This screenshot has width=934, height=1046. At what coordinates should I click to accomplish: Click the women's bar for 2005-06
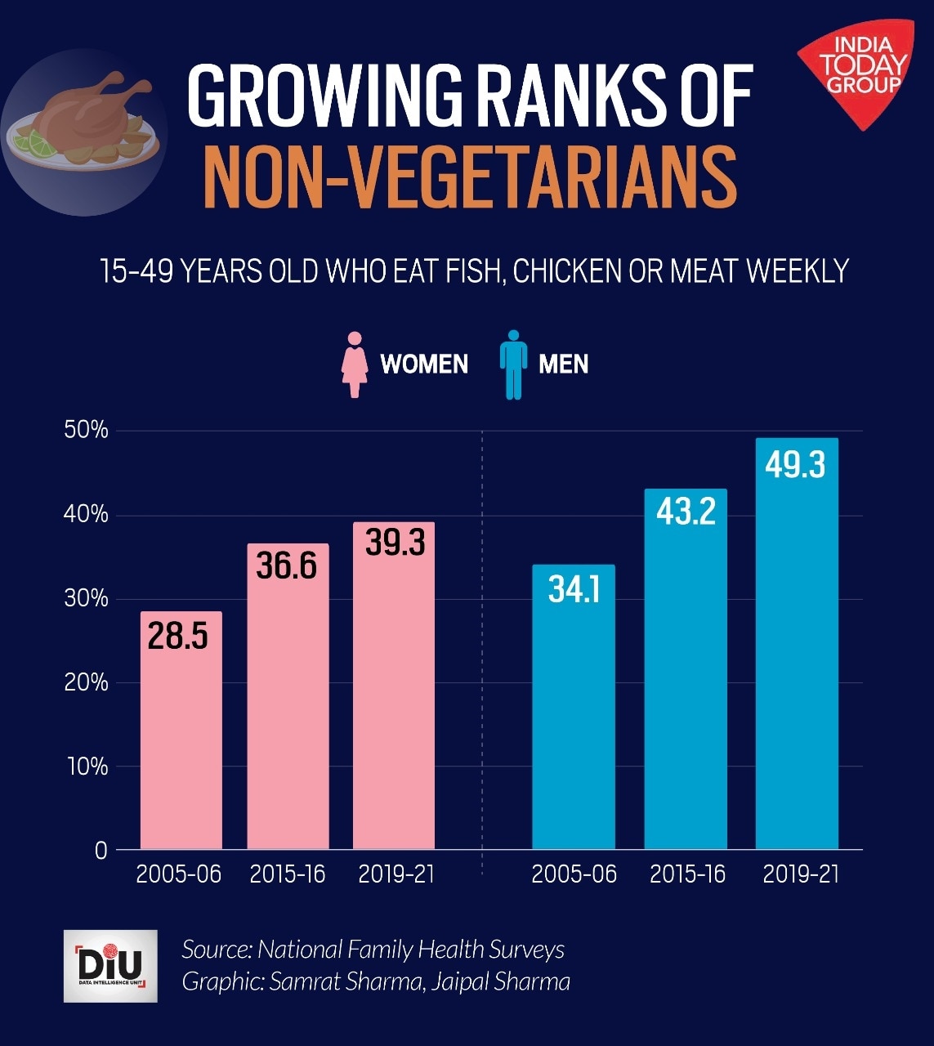[181, 731]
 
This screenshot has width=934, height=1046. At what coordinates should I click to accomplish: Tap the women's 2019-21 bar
[394, 686]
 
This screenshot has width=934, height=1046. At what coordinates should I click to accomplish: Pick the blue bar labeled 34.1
[574, 708]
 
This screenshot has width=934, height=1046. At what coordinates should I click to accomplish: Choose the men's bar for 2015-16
[686, 670]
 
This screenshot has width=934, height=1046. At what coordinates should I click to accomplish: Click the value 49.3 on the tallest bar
[795, 464]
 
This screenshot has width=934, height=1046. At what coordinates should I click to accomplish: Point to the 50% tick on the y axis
[86, 431]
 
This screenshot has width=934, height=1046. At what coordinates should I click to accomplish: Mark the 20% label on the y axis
[86, 682]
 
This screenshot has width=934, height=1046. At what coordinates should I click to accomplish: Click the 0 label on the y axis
[101, 851]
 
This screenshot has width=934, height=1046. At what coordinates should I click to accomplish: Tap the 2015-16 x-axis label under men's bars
[687, 874]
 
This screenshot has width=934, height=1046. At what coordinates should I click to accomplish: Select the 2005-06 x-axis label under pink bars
[178, 874]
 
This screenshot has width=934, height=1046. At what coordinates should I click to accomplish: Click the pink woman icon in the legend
[355, 364]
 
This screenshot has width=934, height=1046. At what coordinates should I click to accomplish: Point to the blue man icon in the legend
[513, 364]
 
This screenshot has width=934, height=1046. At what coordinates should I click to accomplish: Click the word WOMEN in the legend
[424, 364]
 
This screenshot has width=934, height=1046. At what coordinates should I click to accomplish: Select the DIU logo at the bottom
[110, 966]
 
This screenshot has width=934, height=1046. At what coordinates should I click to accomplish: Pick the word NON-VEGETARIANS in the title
[469, 175]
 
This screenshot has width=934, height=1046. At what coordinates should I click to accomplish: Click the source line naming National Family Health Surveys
[373, 950]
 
